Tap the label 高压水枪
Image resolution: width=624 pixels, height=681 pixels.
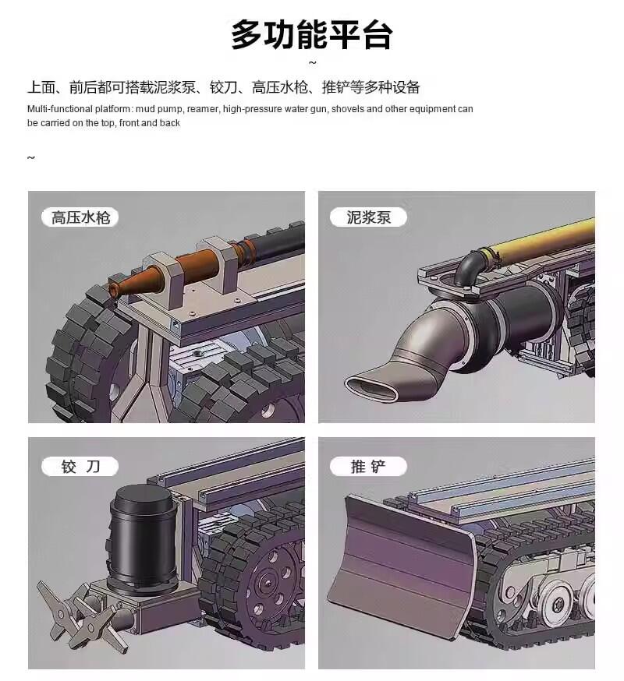pos(80,217)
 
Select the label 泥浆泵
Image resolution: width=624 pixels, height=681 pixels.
pos(368,217)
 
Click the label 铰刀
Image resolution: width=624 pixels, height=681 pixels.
pos(80,467)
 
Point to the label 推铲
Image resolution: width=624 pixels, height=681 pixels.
pos(368,467)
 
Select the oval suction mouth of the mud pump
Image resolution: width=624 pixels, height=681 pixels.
pos(371,388)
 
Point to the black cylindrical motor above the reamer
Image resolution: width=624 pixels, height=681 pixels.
pos(143,538)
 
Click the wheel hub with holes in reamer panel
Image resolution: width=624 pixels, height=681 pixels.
pos(273,581)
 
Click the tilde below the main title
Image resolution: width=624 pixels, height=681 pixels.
pos(312,63)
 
